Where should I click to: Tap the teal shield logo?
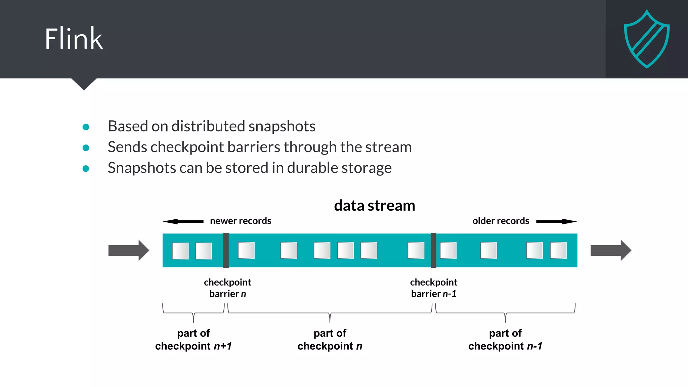pyautogui.click(x=647, y=39)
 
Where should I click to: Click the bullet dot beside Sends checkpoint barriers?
pyautogui.click(x=86, y=148)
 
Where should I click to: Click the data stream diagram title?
pyautogui.click(x=374, y=206)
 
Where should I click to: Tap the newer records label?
pyautogui.click(x=241, y=221)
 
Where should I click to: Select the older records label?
pyautogui.click(x=501, y=221)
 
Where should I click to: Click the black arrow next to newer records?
pyautogui.click(x=183, y=221)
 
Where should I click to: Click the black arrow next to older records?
pyautogui.click(x=556, y=221)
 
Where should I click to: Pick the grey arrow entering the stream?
pyautogui.click(x=128, y=250)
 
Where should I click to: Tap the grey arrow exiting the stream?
pyautogui.click(x=610, y=250)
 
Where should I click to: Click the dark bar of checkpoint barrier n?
pyautogui.click(x=226, y=250)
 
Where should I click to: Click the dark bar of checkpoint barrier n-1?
pyautogui.click(x=433, y=250)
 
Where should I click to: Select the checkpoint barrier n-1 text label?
pyautogui.click(x=433, y=288)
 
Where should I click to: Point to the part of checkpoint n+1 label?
pyautogui.click(x=193, y=340)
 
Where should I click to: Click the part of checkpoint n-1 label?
pyautogui.click(x=505, y=340)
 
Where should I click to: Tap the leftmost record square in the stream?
pyautogui.click(x=180, y=251)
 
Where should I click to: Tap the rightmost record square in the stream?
pyautogui.click(x=558, y=250)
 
